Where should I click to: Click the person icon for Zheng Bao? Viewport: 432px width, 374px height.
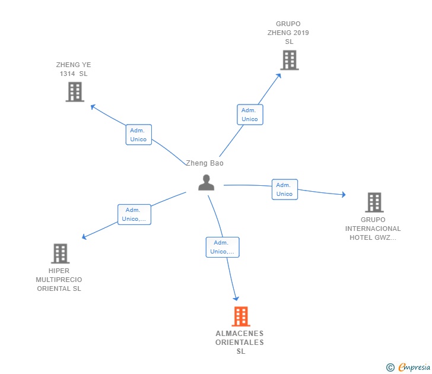[206, 182]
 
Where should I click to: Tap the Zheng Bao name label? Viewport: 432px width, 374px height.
[205, 163]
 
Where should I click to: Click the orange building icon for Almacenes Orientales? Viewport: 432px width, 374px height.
[241, 316]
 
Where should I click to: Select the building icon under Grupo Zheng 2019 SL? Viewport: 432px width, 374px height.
[290, 60]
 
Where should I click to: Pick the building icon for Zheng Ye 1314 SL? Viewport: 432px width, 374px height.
[75, 92]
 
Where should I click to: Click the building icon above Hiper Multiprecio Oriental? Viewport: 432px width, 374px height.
[61, 253]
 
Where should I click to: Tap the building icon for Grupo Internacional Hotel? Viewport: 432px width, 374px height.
[374, 202]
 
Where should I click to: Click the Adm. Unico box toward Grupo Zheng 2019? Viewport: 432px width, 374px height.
[250, 115]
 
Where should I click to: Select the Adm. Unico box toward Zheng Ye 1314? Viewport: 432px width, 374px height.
[139, 135]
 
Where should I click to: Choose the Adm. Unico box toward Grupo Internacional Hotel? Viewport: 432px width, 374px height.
[285, 189]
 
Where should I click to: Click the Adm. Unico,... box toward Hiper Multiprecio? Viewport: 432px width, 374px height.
[135, 214]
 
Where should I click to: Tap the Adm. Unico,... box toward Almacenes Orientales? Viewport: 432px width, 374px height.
[223, 247]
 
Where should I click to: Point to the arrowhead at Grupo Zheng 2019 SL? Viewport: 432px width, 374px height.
[279, 75]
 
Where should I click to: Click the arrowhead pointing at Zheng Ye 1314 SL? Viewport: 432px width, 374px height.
[93, 107]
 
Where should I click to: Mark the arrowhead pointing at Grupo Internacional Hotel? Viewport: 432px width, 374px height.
[344, 195]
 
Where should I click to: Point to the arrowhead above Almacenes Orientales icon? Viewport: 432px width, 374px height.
[236, 299]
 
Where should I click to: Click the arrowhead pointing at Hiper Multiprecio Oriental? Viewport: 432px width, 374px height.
[84, 237]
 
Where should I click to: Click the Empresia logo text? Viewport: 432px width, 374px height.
[414, 367]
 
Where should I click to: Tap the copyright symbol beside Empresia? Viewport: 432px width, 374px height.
[390, 367]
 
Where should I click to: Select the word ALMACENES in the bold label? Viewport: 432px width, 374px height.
[240, 334]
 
